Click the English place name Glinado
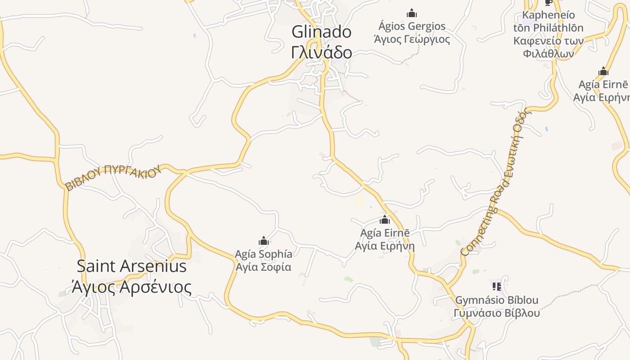tap(321, 32)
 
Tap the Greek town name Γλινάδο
tap(321, 53)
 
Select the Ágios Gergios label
tap(412, 26)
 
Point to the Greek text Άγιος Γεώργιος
tap(412, 39)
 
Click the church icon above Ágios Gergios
tap(412, 13)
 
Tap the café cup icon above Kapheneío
tap(548, 3)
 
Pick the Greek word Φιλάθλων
tap(548, 54)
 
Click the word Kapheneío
tap(548, 15)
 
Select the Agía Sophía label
tap(264, 254)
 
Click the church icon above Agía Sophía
tap(264, 241)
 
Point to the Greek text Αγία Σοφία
tap(264, 267)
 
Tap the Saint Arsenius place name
tap(131, 266)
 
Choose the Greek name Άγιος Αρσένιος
tap(131, 287)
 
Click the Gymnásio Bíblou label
tap(496, 300)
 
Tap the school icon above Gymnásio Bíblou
tap(496, 286)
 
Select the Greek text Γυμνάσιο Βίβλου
tap(496, 313)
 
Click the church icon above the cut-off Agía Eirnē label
tap(603, 72)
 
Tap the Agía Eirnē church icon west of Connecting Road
tap(385, 220)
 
